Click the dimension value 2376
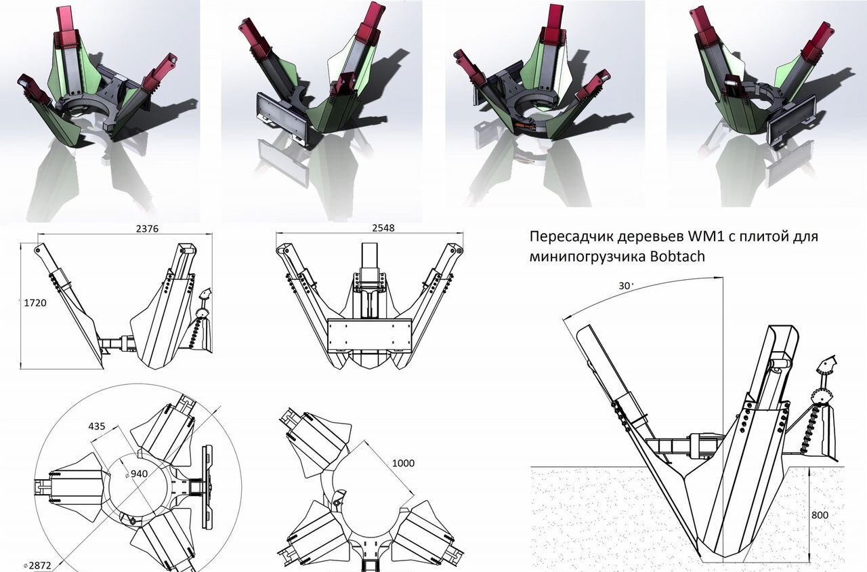[x=147, y=228]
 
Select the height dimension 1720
[x=35, y=303]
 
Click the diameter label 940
[x=141, y=472]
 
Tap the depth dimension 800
[x=820, y=514]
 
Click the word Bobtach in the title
[x=679, y=257]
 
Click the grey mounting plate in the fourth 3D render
[x=790, y=122]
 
